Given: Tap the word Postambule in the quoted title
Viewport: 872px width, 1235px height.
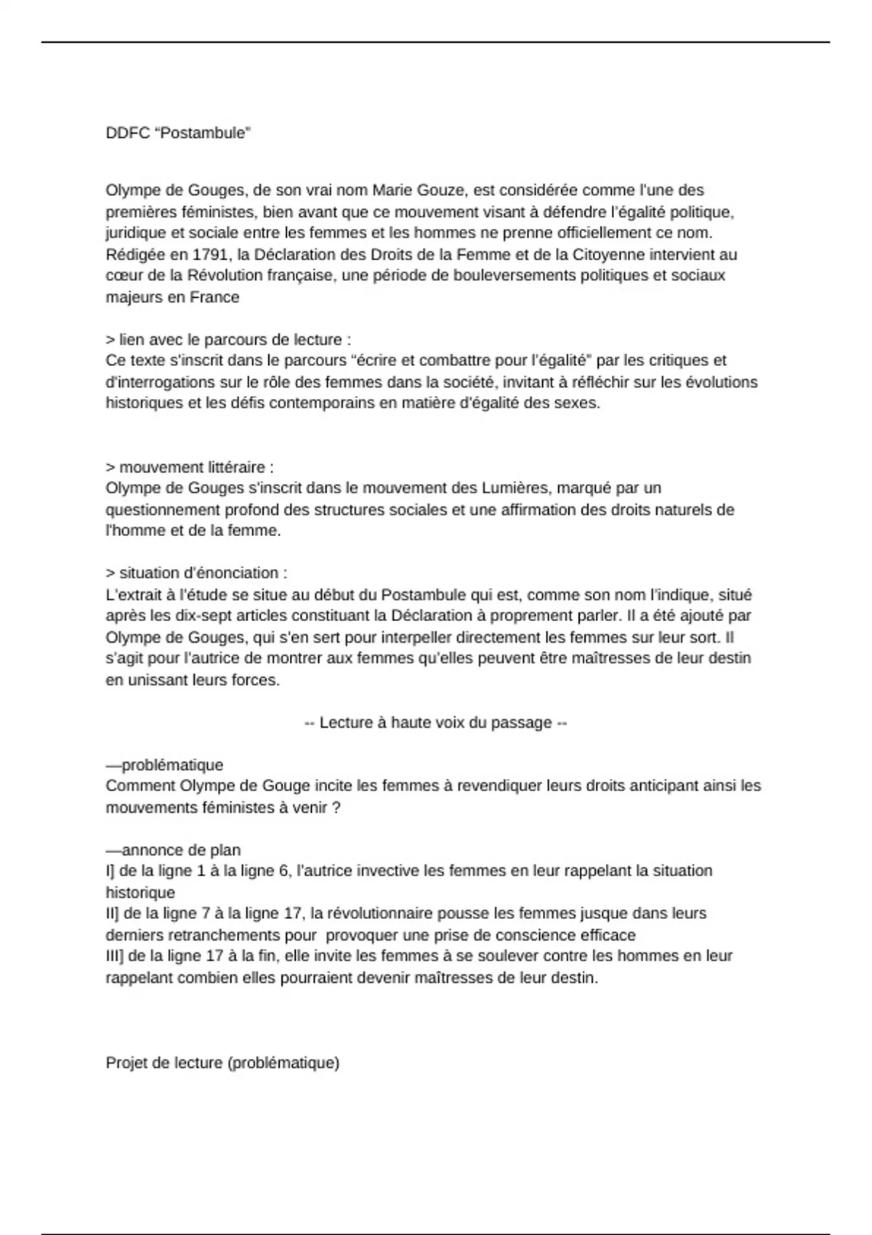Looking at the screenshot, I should (x=203, y=133).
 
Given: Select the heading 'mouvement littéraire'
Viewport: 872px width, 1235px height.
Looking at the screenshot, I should (x=190, y=466).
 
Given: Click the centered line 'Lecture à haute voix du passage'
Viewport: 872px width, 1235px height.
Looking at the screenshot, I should (x=435, y=722).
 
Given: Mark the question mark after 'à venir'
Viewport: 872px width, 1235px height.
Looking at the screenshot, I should (x=336, y=807).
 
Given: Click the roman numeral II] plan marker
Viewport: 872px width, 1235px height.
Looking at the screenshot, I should (x=113, y=913).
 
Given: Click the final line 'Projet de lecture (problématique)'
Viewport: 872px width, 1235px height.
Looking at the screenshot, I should (x=222, y=1062).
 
